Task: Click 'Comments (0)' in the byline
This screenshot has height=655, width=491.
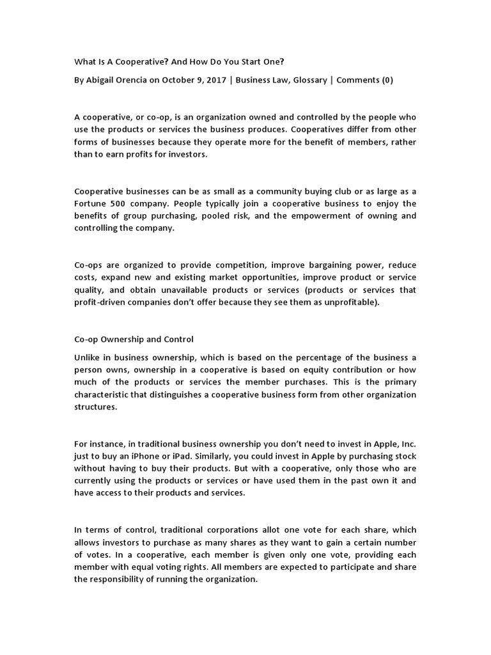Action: click(365, 80)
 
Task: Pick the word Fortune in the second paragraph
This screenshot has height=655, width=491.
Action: click(91, 203)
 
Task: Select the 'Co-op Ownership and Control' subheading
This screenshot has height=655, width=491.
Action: click(134, 339)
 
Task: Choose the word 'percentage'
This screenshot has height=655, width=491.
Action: click(315, 357)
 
